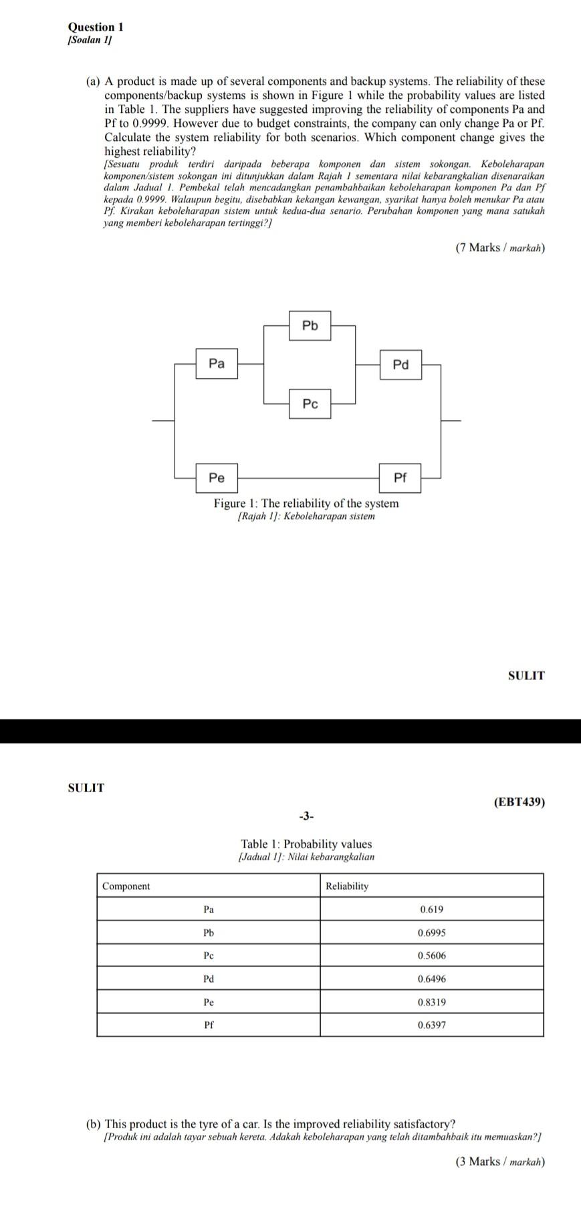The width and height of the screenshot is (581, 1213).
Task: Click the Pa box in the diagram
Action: click(217, 364)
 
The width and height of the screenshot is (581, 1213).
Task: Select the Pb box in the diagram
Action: click(310, 326)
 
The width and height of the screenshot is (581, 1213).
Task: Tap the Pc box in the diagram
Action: click(310, 404)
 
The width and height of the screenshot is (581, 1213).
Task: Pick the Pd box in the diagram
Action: click(400, 365)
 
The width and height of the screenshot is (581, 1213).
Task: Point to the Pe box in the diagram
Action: click(217, 478)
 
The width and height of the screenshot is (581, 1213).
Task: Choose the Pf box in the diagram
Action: click(400, 478)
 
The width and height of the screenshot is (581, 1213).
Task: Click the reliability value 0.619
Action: click(431, 909)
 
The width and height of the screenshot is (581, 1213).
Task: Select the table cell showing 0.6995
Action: click(431, 932)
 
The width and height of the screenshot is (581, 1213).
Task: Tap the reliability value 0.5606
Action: click(431, 955)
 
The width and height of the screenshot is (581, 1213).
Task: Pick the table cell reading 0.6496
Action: click(431, 979)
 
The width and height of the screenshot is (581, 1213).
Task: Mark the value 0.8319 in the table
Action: click(431, 1002)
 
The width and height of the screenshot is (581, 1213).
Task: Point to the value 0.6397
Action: click(431, 1025)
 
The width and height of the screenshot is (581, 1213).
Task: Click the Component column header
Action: click(126, 886)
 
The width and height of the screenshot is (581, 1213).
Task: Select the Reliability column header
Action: click(347, 886)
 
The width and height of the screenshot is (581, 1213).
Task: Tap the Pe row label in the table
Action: click(209, 1002)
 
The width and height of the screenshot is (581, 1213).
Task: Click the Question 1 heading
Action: click(96, 27)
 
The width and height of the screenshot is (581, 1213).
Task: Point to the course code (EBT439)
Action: click(519, 802)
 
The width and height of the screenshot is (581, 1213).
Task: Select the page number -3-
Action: click(306, 816)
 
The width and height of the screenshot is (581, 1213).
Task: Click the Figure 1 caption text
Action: click(306, 504)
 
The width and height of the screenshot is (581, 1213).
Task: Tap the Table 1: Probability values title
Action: click(306, 844)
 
